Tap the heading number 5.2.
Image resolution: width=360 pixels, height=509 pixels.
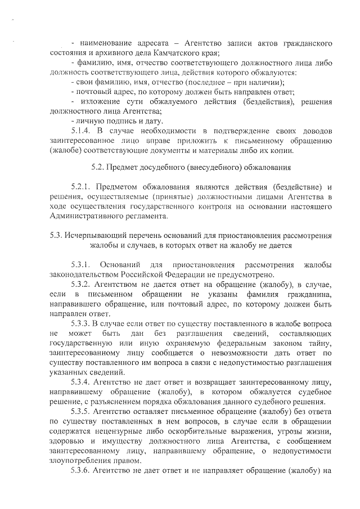click(99, 167)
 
